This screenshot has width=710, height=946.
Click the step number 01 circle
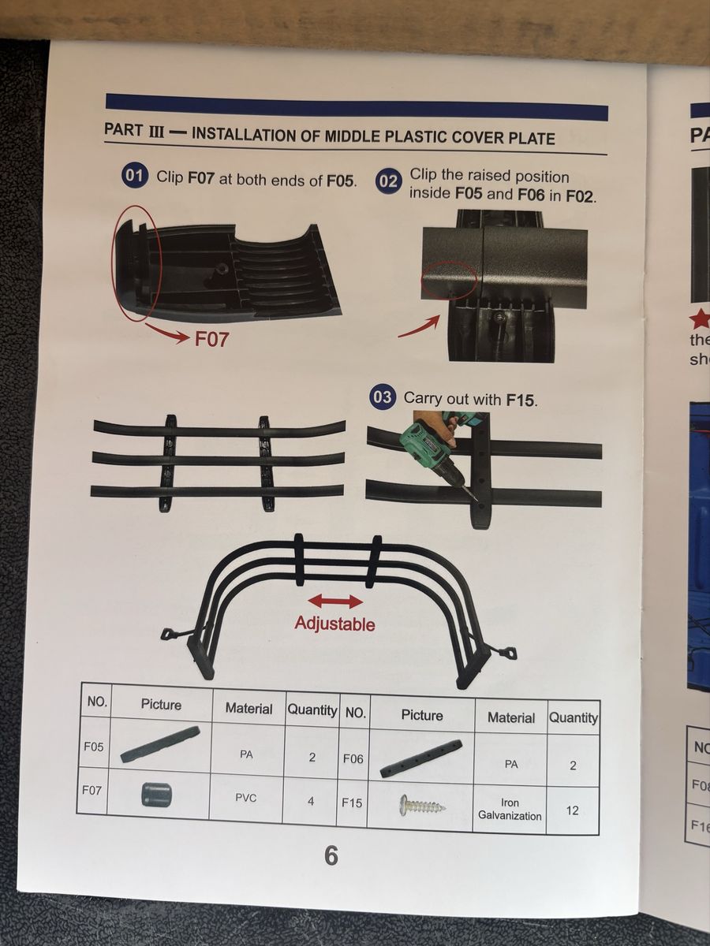point(134,176)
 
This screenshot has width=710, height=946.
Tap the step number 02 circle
point(388,181)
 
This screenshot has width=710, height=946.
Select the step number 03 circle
point(382,397)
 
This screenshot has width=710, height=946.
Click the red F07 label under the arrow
point(211,339)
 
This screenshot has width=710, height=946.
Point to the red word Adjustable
point(334,624)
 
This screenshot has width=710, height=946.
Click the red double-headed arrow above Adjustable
point(335,601)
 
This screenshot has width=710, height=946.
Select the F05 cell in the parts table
point(94,747)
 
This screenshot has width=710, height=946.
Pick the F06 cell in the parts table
point(353,758)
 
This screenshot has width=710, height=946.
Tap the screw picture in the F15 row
point(421,804)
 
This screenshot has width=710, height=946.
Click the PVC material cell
point(245,798)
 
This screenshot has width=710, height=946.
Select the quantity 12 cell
point(572,810)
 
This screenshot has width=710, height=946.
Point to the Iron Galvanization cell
point(510,809)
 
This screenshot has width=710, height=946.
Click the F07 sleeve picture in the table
point(156,795)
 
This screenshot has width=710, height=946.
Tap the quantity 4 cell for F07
point(310,801)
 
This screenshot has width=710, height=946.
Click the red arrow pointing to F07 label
point(165,333)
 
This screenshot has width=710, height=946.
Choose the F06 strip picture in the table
point(421,758)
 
